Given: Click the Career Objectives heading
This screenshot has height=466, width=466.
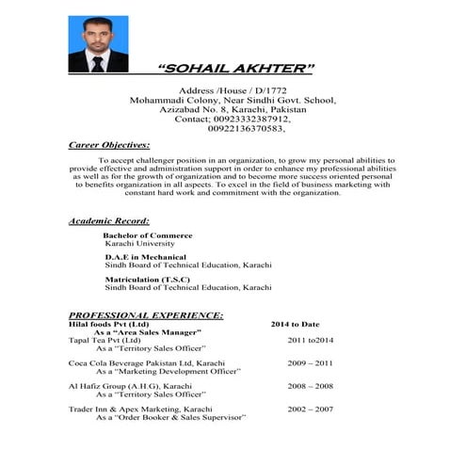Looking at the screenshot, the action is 109,146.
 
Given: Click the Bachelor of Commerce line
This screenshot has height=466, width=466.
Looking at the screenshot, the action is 148,235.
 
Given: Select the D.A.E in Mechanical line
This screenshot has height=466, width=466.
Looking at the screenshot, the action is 145,257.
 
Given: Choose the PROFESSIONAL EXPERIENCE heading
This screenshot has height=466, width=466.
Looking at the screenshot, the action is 145,314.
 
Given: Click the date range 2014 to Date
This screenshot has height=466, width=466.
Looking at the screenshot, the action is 295,325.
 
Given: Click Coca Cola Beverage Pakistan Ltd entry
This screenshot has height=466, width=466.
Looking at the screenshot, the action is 146,362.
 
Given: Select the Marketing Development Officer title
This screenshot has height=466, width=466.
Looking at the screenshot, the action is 169,372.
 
